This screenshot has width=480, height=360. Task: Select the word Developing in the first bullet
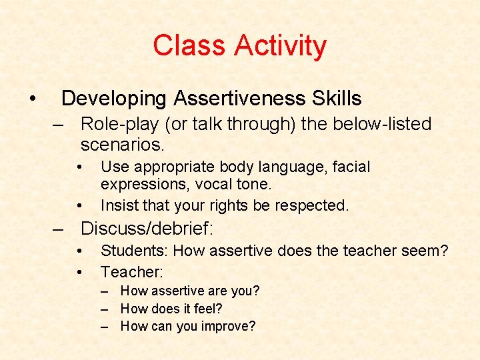point(114,99)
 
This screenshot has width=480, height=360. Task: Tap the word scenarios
point(122,144)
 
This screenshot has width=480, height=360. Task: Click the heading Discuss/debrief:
point(147,229)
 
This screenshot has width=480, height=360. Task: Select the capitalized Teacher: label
point(132,271)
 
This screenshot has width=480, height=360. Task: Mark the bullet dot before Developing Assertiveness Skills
point(32,99)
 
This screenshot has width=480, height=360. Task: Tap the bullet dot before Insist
point(79,205)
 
